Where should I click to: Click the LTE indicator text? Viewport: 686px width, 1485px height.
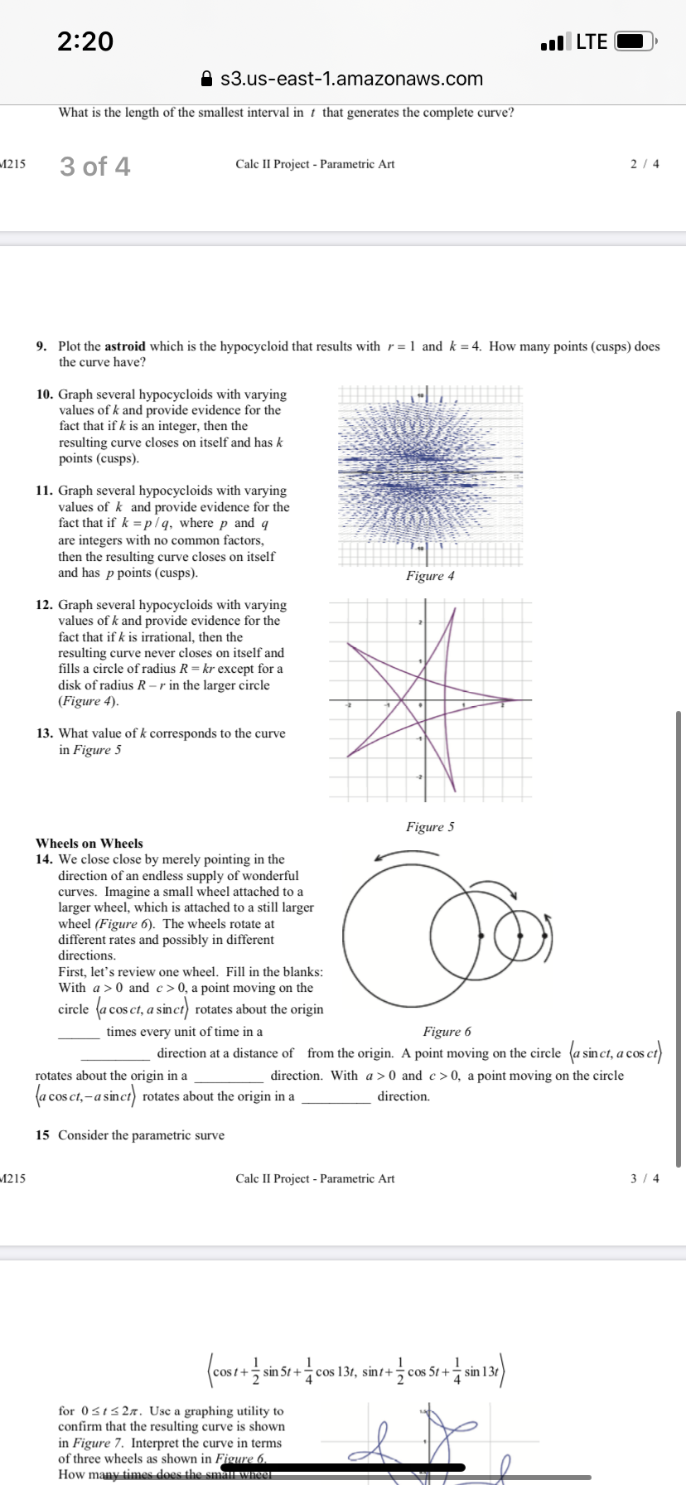point(592,41)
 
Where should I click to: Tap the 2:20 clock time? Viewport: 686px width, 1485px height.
point(85,41)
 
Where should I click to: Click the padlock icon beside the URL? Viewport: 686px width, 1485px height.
point(208,80)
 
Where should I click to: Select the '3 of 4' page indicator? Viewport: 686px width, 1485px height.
point(94,167)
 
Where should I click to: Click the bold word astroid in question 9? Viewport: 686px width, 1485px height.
point(124,346)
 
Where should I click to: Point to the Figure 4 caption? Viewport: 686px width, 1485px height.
point(430,576)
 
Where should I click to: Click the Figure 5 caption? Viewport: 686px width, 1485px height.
point(430,827)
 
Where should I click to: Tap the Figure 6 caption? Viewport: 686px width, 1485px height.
point(447,1032)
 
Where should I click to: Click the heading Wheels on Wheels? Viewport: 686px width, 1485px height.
point(89,843)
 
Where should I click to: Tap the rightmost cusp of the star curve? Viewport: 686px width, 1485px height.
point(513,700)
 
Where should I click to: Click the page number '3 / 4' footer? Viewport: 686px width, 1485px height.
point(645,1178)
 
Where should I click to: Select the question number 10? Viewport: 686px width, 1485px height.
point(44,394)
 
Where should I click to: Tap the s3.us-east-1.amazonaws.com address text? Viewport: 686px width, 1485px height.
point(351,80)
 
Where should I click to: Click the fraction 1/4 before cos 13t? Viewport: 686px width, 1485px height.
point(309,1371)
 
